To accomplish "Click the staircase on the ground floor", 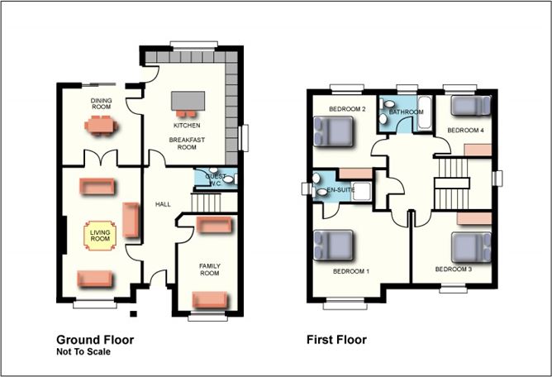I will pos(207,202).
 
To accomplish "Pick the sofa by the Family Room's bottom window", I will pos(208,300).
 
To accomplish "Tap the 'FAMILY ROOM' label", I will pos(209,269).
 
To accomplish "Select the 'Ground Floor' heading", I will pos(94,339).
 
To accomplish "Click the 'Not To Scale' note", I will pos(83,351).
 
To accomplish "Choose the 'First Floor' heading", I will pos(336,339).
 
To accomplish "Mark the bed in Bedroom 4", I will pos(469,107).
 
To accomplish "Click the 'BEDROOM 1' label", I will pos(351,271).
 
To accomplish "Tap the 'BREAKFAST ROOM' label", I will pos(187,143).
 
